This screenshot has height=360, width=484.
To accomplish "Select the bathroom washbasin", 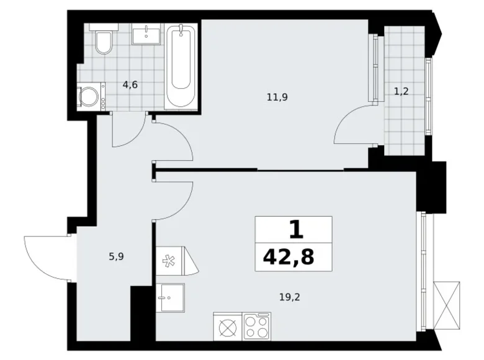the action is pos(146,35).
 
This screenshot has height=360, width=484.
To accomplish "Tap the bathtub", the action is pos(181,66).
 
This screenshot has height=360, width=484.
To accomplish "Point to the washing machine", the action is pos(91,96).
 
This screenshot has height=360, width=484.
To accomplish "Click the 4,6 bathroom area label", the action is pos(130,84).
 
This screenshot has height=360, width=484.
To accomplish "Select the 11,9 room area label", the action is pos(277,97).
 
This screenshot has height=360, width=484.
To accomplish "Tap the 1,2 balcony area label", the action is pos(401,91).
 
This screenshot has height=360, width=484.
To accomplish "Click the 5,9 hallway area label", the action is pos(117,256).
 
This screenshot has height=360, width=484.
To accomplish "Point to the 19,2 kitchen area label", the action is pos(290,297).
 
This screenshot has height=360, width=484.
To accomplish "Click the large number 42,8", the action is pos(289,257).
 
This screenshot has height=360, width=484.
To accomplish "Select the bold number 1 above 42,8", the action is pos(297,230).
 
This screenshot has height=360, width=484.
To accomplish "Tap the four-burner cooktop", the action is pos(256,326).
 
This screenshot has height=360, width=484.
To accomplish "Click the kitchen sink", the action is pos(170,298).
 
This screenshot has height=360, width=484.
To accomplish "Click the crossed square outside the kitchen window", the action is pos(446,306).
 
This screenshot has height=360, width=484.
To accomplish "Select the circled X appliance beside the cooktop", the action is pos(228,327).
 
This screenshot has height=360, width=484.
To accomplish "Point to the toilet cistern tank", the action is pos(104,27).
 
